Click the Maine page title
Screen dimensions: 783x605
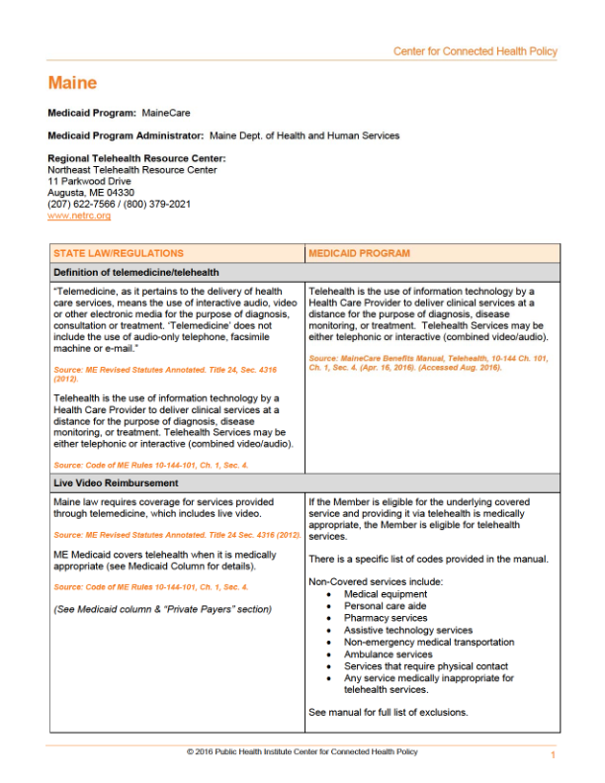(72, 84)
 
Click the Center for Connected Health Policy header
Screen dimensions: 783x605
(475, 51)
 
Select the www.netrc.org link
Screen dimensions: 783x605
(79, 216)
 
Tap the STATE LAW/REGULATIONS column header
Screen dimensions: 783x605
(118, 253)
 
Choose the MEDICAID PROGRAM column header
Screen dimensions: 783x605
(359, 253)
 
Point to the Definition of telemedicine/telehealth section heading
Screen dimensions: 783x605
(136, 272)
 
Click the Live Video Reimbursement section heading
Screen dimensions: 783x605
(116, 482)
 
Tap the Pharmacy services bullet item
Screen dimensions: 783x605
(386, 618)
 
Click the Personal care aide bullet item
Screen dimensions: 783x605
(386, 606)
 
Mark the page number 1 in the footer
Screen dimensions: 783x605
(553, 755)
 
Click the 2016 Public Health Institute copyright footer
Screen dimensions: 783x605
(302, 751)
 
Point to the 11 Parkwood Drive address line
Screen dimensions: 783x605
(89, 181)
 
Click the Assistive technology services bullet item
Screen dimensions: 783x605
(408, 630)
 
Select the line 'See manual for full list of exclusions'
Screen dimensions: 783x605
(388, 712)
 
